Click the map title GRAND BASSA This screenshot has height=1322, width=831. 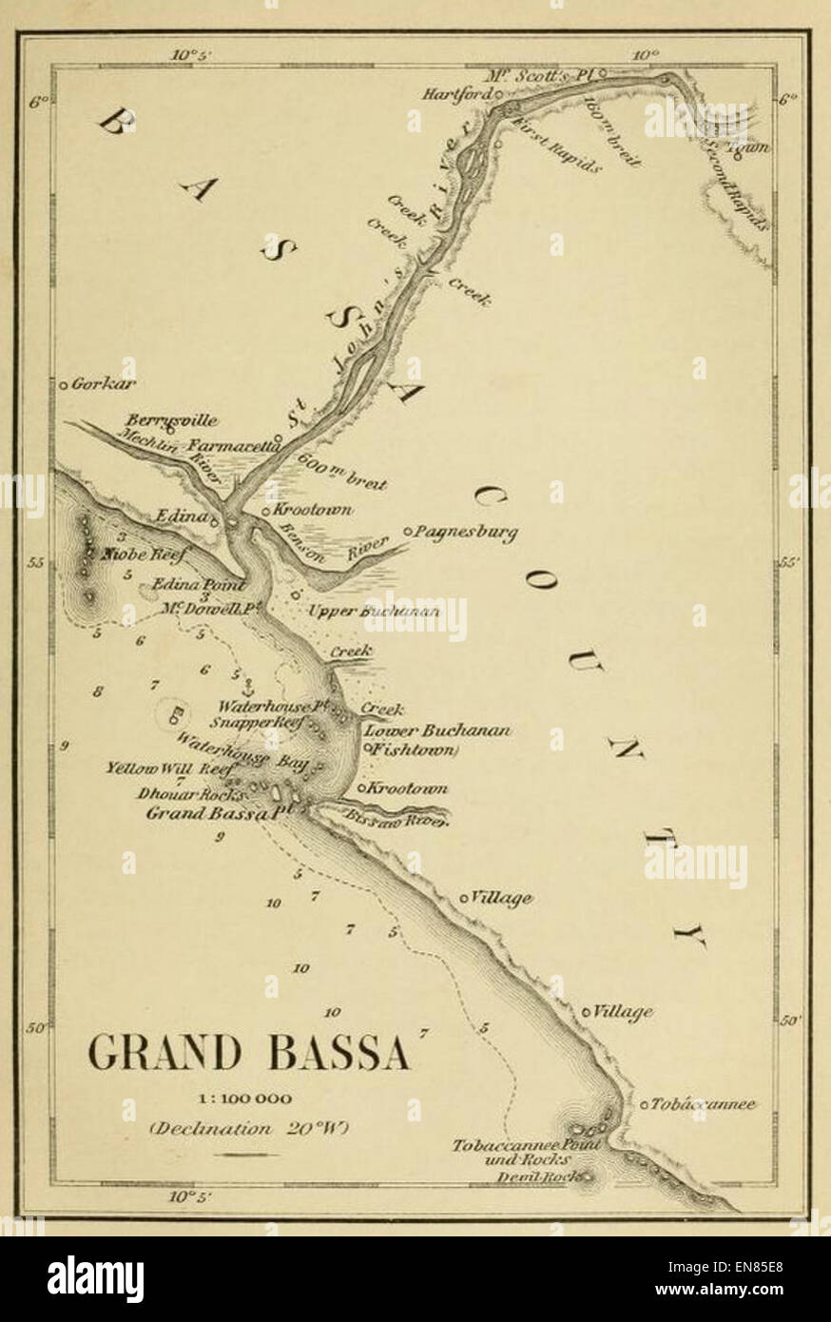[249, 1053]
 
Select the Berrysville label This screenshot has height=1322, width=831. [171, 420]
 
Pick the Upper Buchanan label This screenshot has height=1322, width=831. [375, 611]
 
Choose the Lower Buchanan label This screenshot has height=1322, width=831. [438, 730]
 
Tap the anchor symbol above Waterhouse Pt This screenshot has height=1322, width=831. [246, 688]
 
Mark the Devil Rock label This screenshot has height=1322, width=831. [538, 1177]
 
